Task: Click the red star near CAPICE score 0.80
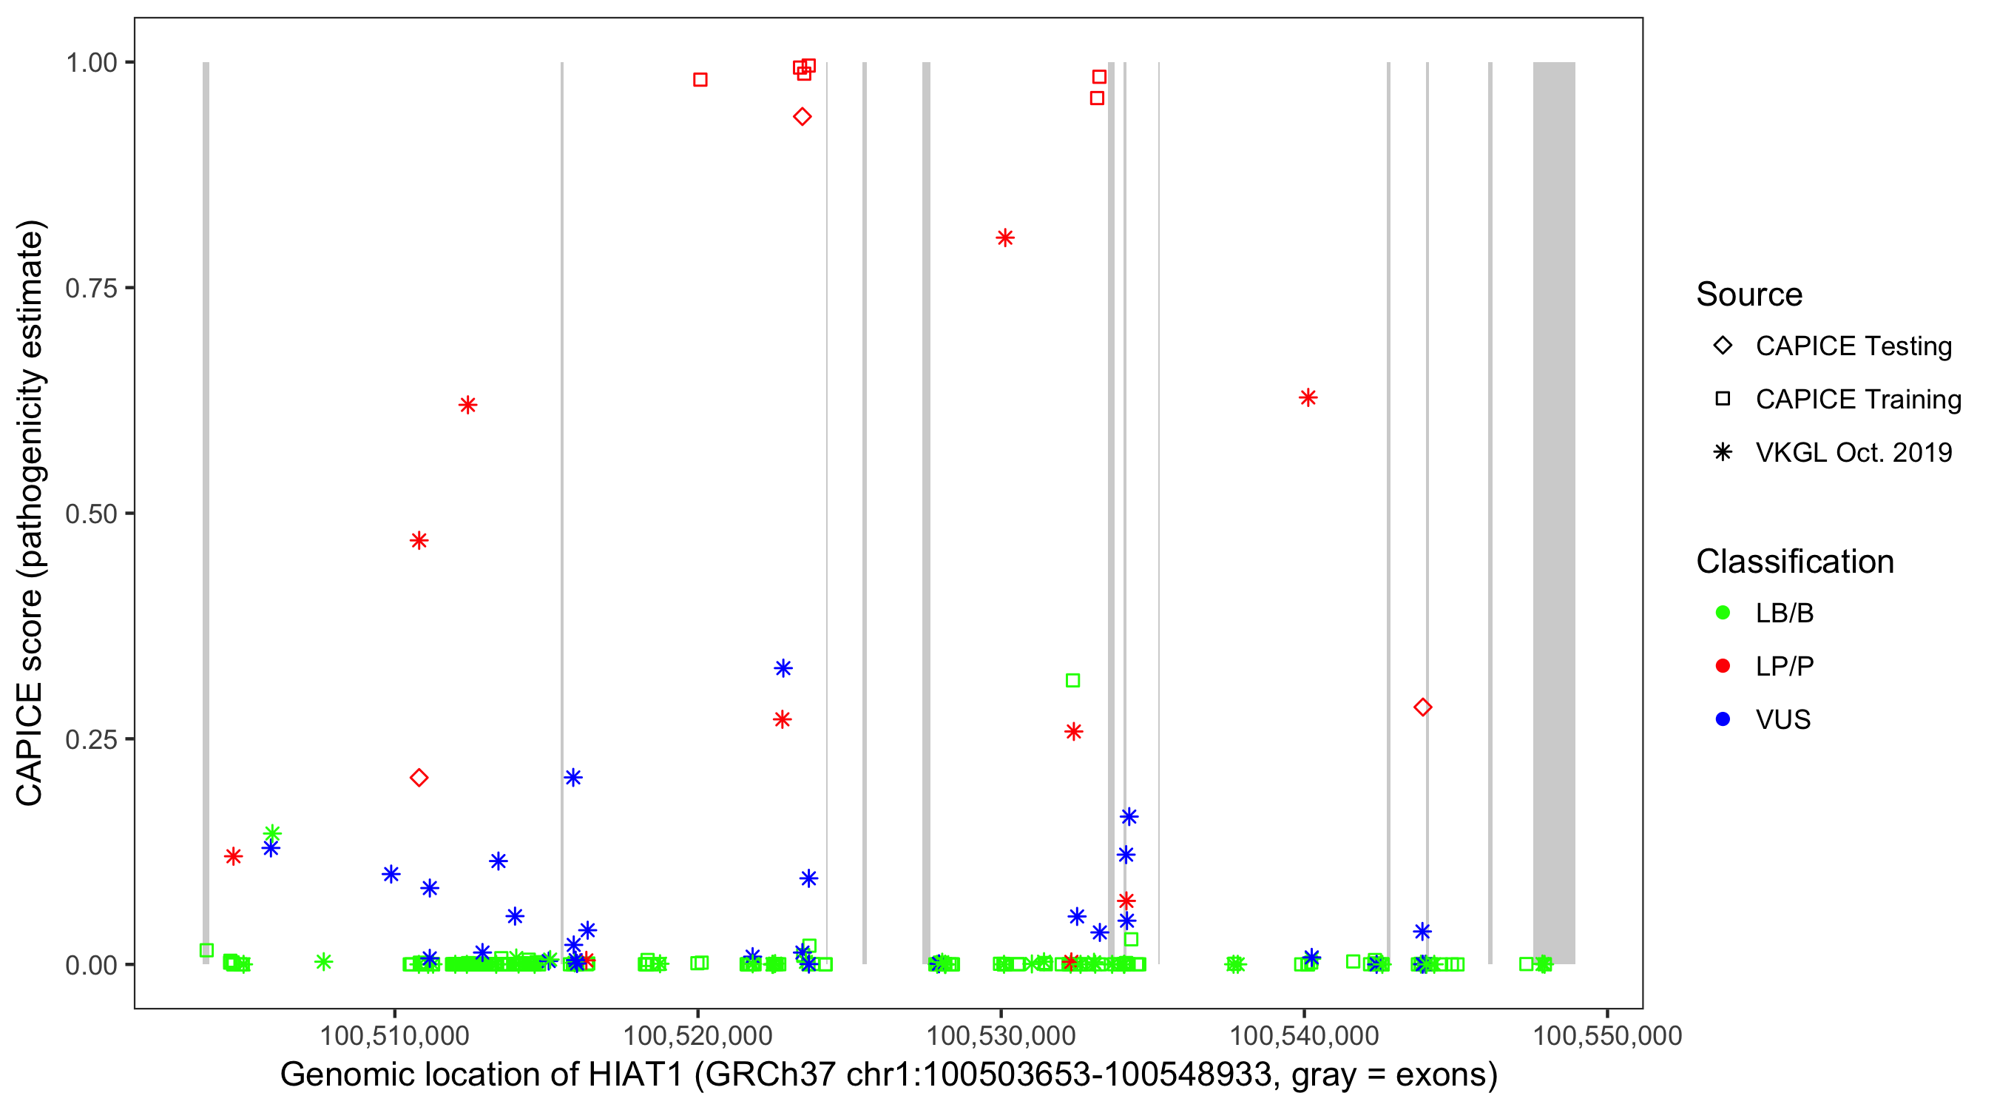pyautogui.click(x=1004, y=238)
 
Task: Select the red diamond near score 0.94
pyautogui.click(x=802, y=117)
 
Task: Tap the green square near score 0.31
pyautogui.click(x=1073, y=680)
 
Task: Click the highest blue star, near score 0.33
pyautogui.click(x=783, y=668)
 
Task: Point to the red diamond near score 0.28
pyautogui.click(x=1422, y=707)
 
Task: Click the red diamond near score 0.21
pyautogui.click(x=419, y=778)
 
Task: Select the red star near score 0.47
pyautogui.click(x=419, y=541)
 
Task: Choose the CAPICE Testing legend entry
pyautogui.click(x=1853, y=346)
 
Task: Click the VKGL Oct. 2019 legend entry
pyautogui.click(x=1853, y=452)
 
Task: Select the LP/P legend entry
pyautogui.click(x=1784, y=666)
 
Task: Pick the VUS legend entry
pyautogui.click(x=1783, y=720)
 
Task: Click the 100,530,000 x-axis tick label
pyautogui.click(x=1001, y=1035)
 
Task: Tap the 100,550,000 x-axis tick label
pyautogui.click(x=1607, y=1035)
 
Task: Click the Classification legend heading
pyautogui.click(x=1794, y=562)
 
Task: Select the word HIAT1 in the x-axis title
pyautogui.click(x=635, y=1075)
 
